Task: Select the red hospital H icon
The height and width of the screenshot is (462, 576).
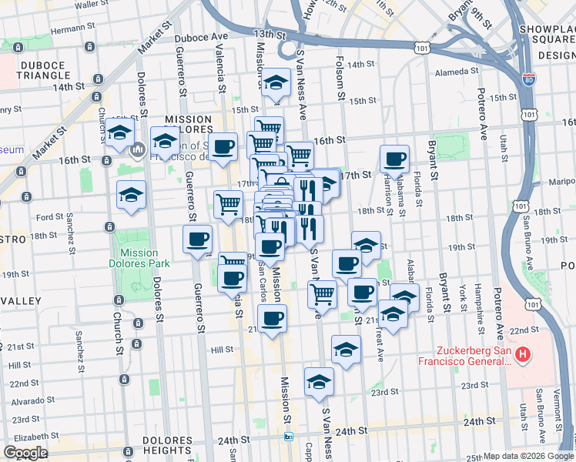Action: point(523,355)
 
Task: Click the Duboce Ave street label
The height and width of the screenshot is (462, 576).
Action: point(201,36)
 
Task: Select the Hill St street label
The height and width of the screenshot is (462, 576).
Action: point(222,350)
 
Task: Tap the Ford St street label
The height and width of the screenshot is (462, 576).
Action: point(49,217)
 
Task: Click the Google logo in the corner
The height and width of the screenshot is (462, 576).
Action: point(25,453)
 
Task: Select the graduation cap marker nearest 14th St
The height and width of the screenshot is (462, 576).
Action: point(274,85)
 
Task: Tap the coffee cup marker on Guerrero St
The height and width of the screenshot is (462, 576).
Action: point(197,238)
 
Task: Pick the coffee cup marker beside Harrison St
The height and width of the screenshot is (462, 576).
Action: point(395,159)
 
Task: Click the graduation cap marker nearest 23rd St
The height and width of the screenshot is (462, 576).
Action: point(319,381)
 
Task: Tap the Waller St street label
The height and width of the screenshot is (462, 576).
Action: point(91,5)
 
